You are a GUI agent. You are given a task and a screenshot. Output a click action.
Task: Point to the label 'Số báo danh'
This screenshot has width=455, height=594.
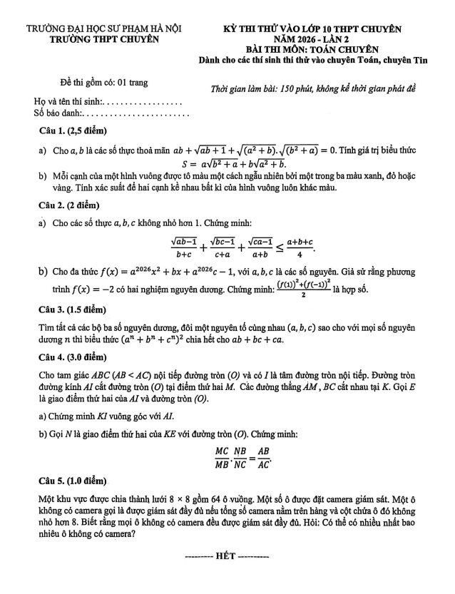click(58, 113)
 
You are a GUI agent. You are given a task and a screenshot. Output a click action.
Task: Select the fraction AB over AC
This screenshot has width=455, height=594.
click(267, 454)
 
